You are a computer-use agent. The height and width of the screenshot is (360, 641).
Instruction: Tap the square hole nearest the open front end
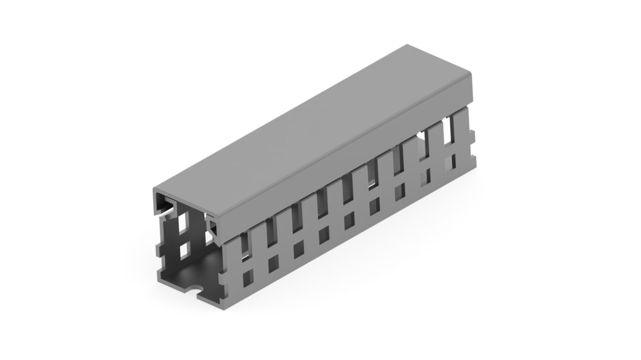248,279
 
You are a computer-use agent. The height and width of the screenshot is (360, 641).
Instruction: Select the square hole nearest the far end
450,161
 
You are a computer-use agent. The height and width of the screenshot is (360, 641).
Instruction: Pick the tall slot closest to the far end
450,131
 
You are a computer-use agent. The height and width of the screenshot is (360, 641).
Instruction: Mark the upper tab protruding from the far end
472,134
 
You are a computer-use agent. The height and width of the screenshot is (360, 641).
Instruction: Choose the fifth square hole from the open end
349,221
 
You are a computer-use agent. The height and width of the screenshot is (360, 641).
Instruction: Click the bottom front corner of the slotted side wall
229,298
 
